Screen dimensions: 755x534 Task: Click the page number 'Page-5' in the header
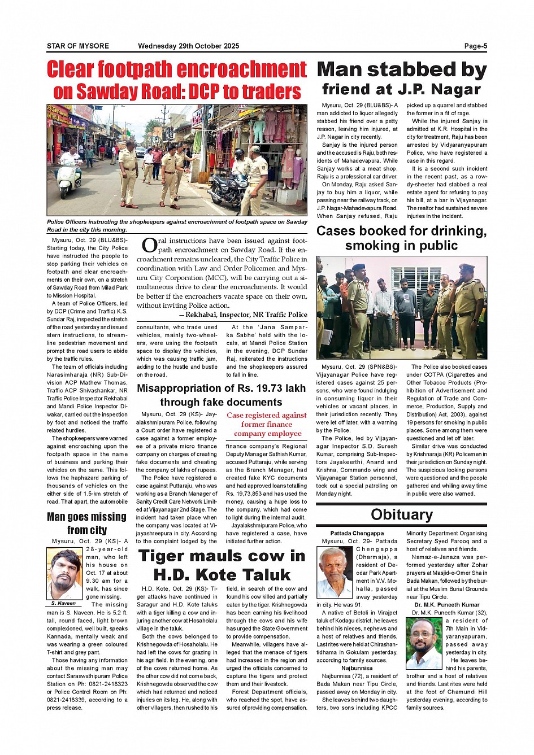pyautogui.click(x=475, y=46)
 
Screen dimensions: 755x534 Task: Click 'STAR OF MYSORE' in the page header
pyautogui.click(x=78, y=46)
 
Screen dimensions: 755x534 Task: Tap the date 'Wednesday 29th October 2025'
pyautogui.click(x=188, y=46)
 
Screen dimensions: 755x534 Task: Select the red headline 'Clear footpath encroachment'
pyautogui.click(x=176, y=70)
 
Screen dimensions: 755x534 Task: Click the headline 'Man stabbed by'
pyautogui.click(x=401, y=70)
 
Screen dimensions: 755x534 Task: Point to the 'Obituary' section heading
pyautogui.click(x=401, y=514)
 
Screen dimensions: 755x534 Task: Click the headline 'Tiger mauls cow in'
pyautogui.click(x=222, y=556)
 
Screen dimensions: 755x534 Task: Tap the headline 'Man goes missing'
pyautogui.click(x=86, y=517)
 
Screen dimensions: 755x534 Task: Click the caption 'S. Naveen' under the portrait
pyautogui.click(x=64, y=603)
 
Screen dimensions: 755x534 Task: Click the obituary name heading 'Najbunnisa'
pyautogui.click(x=357, y=668)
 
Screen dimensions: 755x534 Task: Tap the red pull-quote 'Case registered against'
pyautogui.click(x=267, y=415)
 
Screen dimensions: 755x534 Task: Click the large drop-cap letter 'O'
pyautogui.click(x=149, y=245)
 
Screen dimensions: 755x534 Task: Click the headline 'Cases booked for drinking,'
pyautogui.click(x=401, y=231)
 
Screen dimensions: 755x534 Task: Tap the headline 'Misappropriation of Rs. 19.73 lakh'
pyautogui.click(x=221, y=389)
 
